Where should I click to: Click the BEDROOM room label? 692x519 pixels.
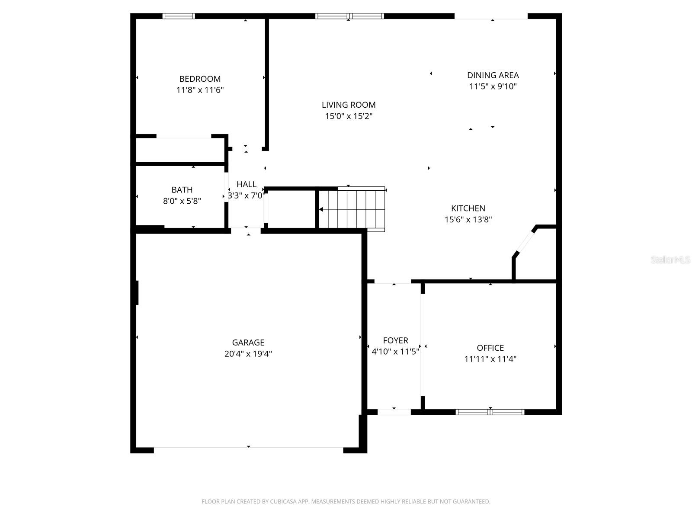(200, 79)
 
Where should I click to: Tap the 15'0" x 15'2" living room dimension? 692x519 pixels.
(349, 116)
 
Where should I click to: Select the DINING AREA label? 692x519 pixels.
(493, 75)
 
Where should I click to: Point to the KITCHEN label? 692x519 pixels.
(468, 208)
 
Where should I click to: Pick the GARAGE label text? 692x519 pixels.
(248, 343)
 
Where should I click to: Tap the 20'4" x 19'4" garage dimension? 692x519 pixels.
(248, 354)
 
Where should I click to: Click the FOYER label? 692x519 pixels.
(395, 340)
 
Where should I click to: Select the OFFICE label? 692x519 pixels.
(490, 348)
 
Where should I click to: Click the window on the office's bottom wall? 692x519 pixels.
(490, 412)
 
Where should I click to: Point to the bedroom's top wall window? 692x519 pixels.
(179, 16)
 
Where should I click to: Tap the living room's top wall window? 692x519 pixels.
(349, 16)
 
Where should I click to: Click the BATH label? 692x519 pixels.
(182, 189)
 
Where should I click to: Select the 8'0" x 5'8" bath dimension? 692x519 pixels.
(182, 201)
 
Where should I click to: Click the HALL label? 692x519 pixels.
(246, 184)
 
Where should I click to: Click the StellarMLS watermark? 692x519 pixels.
(670, 260)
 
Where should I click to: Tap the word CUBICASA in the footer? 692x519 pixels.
(285, 502)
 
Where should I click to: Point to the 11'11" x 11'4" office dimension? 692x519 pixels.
(490, 359)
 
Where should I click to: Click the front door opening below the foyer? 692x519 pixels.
(394, 412)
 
